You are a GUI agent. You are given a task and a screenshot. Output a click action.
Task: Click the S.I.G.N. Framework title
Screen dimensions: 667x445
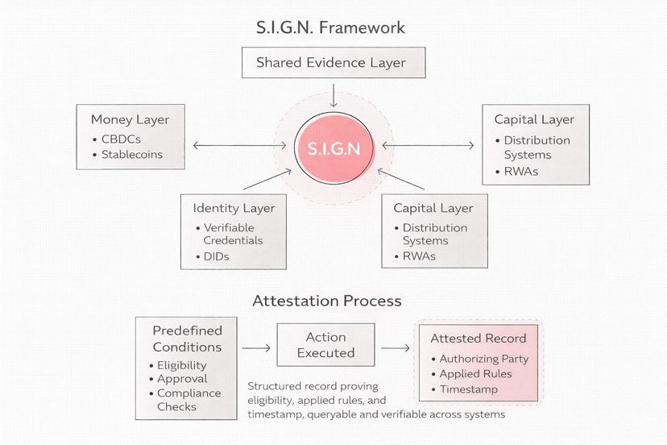[x=330, y=27]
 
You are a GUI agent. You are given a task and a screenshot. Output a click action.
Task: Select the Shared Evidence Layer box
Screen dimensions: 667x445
[x=333, y=63]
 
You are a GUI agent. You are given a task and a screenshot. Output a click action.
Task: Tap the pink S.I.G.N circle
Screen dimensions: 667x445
[x=334, y=148]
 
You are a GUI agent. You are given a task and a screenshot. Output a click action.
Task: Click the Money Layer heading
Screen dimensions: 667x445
[x=130, y=119]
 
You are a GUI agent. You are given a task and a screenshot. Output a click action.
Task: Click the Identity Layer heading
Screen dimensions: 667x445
[x=234, y=208]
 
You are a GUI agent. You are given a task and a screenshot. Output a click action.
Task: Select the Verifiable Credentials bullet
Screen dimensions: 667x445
[x=230, y=235]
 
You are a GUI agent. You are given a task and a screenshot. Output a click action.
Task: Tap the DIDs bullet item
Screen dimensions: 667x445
[x=213, y=257]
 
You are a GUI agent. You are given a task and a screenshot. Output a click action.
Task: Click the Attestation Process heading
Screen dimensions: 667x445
[x=327, y=301]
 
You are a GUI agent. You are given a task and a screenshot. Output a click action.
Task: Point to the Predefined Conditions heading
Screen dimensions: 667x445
[x=187, y=339]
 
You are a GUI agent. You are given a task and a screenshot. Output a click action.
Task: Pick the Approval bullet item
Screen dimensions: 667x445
[x=178, y=379]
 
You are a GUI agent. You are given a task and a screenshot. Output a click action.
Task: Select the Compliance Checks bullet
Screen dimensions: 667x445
[x=185, y=400]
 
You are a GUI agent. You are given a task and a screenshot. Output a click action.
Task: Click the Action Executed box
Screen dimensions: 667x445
[x=325, y=345]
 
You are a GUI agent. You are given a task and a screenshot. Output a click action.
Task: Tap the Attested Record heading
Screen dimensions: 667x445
[x=478, y=339]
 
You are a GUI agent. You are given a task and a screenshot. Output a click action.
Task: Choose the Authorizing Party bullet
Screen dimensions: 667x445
[x=480, y=359]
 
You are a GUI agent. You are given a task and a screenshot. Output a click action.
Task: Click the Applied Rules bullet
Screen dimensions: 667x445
[x=472, y=374]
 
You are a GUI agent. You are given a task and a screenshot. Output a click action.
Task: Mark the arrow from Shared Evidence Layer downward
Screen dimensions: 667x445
[x=333, y=95]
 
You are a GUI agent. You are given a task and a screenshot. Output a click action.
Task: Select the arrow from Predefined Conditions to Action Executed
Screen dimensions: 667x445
[x=256, y=348]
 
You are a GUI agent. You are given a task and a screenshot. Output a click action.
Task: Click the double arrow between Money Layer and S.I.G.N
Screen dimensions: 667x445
[x=240, y=146]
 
